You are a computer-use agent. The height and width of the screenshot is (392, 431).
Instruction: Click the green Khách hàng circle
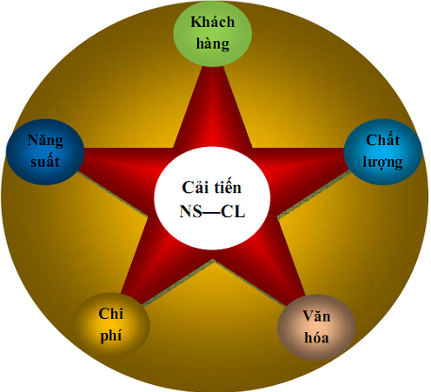212,34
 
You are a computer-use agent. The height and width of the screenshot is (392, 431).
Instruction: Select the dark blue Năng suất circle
45,152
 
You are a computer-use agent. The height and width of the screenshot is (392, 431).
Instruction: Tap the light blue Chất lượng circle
383,152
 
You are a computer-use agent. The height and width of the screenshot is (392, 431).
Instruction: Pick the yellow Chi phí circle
111,325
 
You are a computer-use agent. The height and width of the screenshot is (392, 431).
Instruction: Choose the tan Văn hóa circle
316,328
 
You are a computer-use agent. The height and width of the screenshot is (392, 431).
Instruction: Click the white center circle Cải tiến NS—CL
212,198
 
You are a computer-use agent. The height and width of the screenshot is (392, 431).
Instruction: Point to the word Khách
213,23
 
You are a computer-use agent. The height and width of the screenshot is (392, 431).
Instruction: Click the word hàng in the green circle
213,44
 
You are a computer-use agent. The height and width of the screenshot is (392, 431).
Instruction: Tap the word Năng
45,141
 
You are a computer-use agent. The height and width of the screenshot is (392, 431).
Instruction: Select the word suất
45,162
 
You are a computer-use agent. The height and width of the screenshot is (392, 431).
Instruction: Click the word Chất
383,140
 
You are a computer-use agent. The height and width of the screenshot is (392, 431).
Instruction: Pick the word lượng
383,163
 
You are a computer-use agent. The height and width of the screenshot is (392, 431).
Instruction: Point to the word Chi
111,314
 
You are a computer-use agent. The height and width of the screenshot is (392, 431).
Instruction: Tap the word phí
111,336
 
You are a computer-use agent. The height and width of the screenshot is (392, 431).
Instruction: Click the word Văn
316,316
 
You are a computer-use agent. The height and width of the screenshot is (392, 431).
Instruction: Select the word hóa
316,338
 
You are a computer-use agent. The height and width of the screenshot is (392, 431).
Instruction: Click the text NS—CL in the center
212,211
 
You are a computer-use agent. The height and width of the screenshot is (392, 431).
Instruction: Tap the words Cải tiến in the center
212,187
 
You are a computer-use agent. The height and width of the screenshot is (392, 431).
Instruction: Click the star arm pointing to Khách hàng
213,107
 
